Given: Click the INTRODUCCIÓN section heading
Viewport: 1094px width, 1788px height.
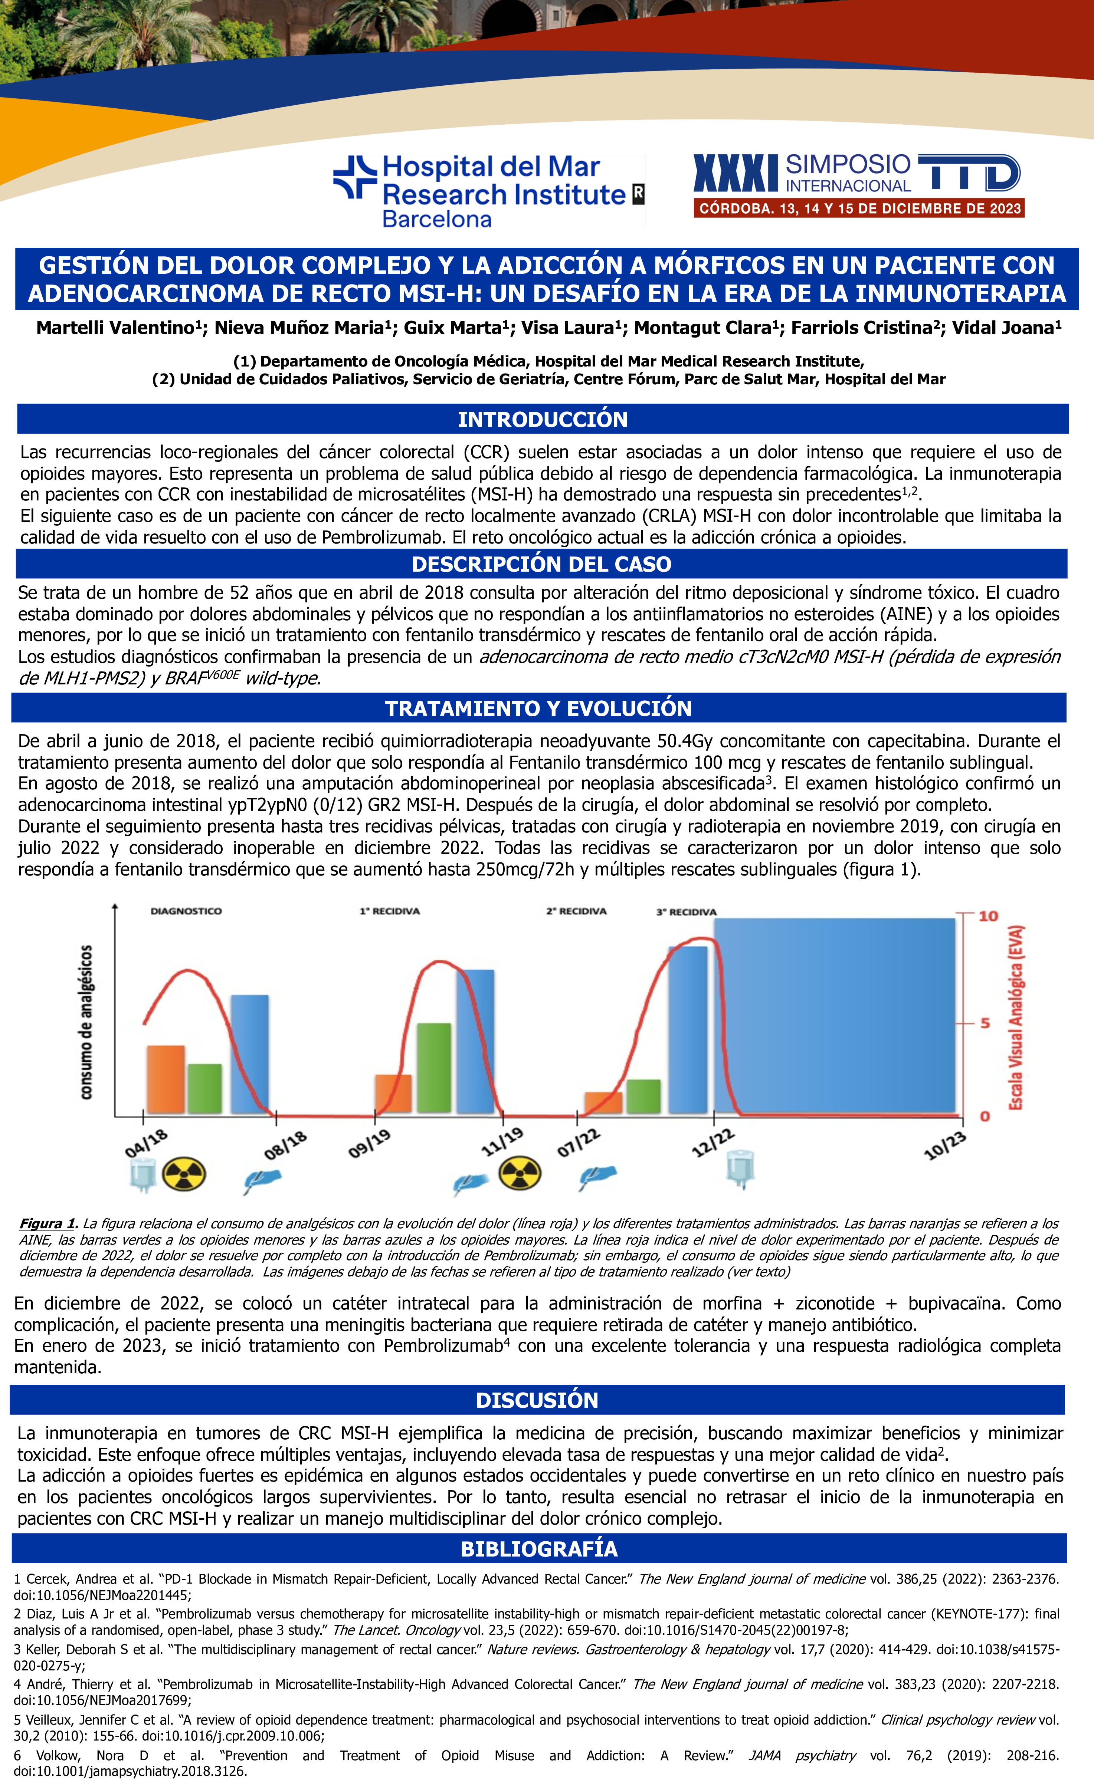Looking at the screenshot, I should pyautogui.click(x=542, y=420).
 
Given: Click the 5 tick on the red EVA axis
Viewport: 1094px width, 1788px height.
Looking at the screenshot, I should pyautogui.click(x=985, y=1023).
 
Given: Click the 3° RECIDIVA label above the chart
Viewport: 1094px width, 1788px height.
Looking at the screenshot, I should pyautogui.click(x=686, y=911).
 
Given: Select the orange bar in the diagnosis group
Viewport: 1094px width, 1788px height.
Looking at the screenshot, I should pyautogui.click(x=166, y=1079).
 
